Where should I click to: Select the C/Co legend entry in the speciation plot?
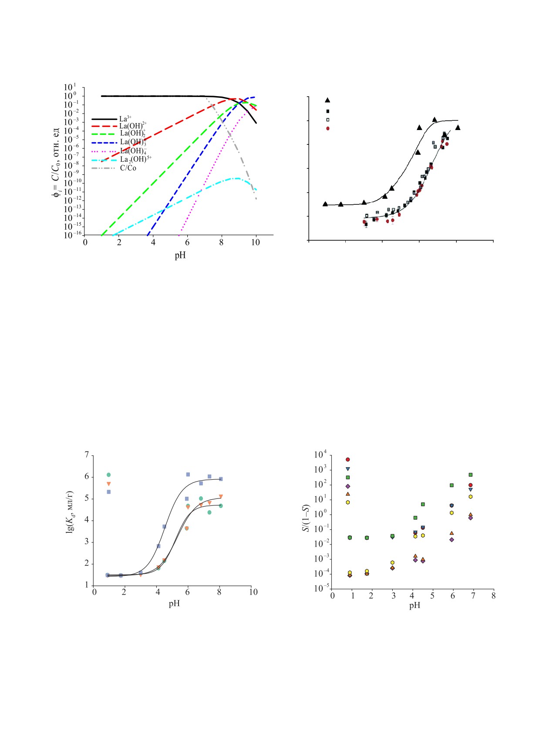point(128,168)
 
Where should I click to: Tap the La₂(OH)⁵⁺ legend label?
point(135,159)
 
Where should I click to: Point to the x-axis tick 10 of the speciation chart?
point(256,243)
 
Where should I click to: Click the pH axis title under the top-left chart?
point(180,255)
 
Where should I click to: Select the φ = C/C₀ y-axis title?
point(57,161)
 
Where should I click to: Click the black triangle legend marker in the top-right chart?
point(327,100)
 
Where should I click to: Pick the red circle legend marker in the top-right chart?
point(327,128)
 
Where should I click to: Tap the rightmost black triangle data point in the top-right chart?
point(458,127)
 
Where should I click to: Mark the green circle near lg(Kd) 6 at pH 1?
point(109,475)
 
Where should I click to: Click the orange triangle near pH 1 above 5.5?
point(109,484)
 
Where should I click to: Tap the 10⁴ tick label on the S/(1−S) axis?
point(321,455)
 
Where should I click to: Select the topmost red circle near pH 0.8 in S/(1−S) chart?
point(347,459)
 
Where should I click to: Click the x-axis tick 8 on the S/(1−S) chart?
point(493,595)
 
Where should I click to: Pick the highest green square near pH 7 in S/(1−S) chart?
point(470,475)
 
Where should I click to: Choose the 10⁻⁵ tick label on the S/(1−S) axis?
point(321,589)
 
